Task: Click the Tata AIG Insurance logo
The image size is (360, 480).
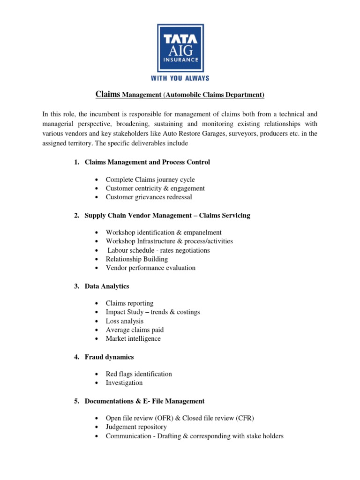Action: (180, 45)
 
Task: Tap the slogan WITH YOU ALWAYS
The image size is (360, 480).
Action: (180, 78)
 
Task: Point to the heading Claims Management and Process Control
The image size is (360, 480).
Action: (147, 162)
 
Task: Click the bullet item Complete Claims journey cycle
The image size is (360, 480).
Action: (150, 180)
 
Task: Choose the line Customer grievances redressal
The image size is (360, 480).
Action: (149, 197)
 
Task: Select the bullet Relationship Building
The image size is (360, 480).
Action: (136, 259)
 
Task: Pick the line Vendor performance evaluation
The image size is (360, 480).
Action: (150, 268)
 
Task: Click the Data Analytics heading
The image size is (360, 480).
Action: (107, 286)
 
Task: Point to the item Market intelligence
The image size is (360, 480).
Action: (133, 338)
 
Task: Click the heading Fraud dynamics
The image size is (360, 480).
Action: (109, 357)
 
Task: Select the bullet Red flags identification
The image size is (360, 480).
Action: (139, 374)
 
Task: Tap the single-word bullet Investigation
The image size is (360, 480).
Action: (124, 383)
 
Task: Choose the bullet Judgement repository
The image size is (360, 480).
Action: (136, 427)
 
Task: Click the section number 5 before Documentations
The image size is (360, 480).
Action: (76, 401)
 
